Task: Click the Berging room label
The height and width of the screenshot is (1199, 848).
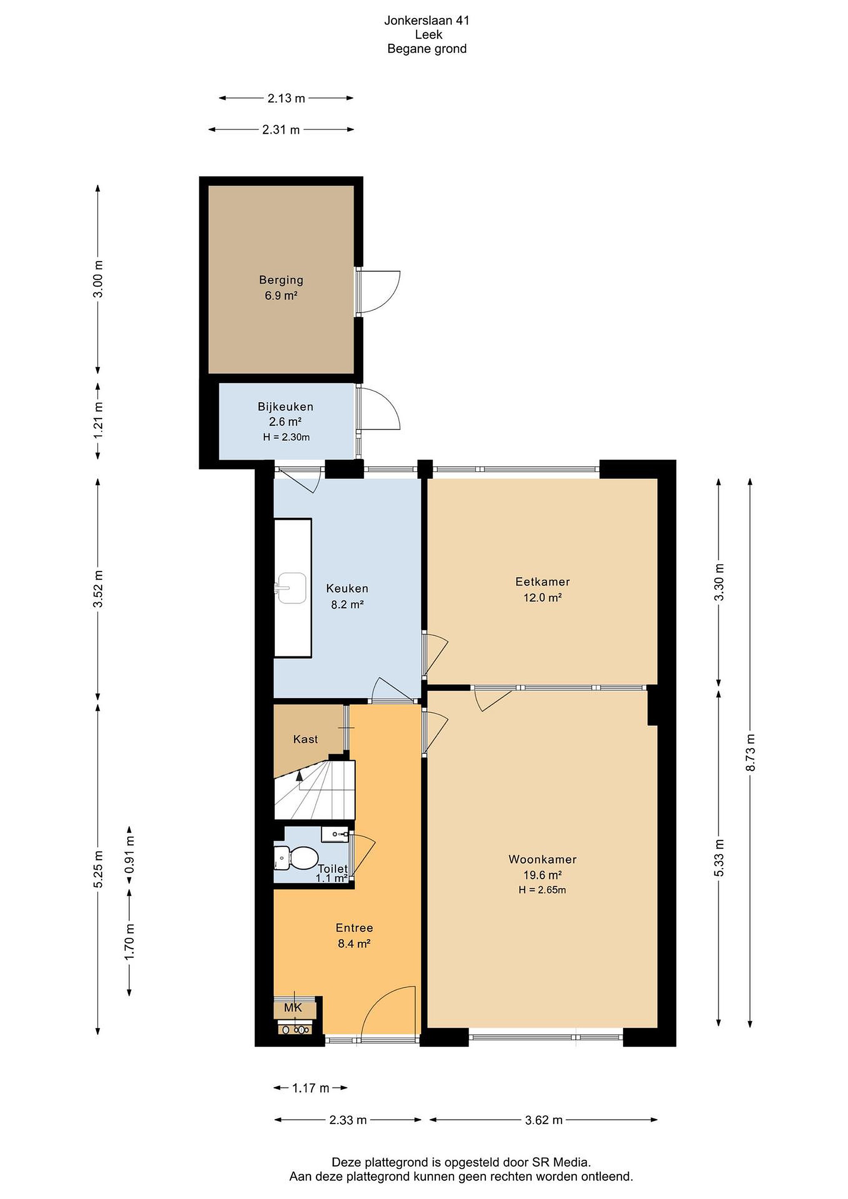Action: pos(281,280)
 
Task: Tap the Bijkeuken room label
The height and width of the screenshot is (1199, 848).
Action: pos(285,406)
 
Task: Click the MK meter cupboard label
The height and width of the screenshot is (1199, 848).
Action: pos(293,1007)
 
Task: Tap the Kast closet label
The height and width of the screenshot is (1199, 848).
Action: pos(306,739)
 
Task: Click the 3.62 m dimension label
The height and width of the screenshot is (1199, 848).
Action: pos(544,1119)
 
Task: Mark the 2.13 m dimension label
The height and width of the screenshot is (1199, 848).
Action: pos(286,98)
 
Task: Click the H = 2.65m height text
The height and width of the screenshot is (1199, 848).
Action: pos(542,890)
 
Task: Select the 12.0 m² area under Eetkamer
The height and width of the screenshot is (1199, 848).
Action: pos(542,597)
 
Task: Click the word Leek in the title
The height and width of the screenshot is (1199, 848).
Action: pos(429,35)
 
